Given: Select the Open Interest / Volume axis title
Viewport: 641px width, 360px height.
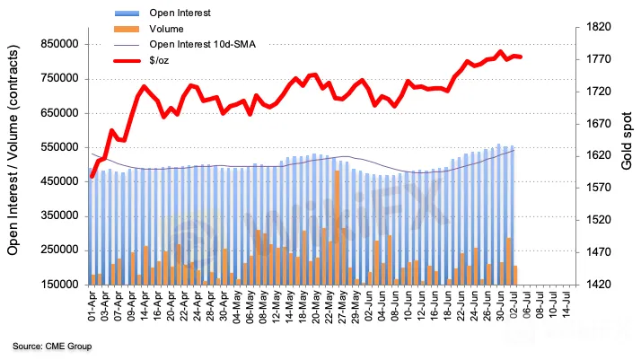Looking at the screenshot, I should click(14, 154).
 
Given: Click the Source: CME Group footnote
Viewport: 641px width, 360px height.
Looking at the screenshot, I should click(52, 346).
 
